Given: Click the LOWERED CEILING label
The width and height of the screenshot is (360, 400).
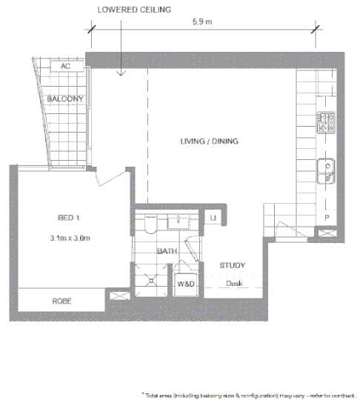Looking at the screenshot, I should (x=134, y=10).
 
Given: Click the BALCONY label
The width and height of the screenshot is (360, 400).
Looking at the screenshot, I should (x=64, y=99).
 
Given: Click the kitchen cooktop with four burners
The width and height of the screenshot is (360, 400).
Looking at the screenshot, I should (x=327, y=122).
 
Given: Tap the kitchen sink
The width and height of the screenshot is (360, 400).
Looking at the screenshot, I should (x=327, y=170).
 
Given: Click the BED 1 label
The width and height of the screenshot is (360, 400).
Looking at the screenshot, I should (x=70, y=217).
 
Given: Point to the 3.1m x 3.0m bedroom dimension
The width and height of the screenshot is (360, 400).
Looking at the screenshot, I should (x=70, y=237).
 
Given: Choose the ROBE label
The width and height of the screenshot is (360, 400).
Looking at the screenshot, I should (x=61, y=301).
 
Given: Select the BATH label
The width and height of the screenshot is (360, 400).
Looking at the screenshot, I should (x=167, y=251).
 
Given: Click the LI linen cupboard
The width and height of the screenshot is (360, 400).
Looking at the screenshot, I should (x=213, y=217).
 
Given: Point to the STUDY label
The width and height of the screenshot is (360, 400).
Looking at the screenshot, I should (x=232, y=265).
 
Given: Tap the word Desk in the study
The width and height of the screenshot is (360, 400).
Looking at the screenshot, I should (x=234, y=283).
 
